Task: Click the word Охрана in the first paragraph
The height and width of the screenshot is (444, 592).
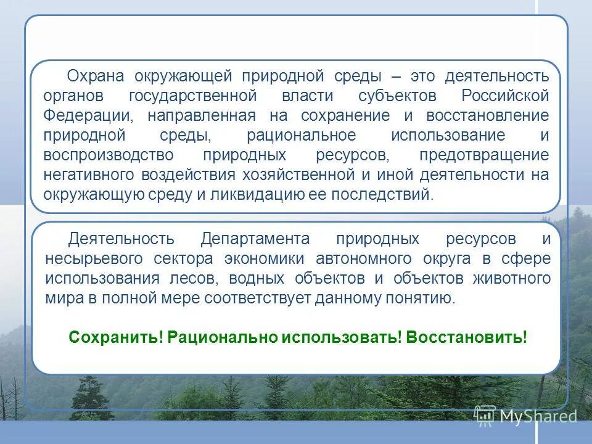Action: pos(96,76)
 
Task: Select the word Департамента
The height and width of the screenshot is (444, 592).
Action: pos(255,239)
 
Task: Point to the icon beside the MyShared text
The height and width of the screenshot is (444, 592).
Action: pos(485,416)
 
